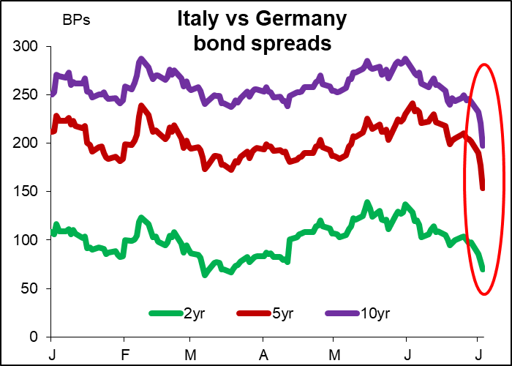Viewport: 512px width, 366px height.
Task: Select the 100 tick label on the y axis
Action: point(26,240)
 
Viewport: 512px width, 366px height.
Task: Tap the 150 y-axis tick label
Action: point(26,192)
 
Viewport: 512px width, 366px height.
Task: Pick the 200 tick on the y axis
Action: point(26,143)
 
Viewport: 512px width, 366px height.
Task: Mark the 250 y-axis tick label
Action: point(26,95)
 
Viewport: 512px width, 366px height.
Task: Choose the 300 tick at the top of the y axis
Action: point(26,47)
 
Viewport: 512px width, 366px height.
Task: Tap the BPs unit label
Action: point(77,20)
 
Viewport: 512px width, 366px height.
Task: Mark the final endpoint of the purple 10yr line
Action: point(483,145)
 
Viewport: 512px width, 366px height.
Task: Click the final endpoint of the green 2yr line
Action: point(483,269)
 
